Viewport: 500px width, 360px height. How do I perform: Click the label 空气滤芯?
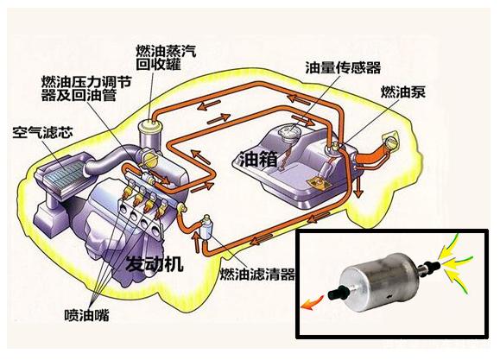point(42,132)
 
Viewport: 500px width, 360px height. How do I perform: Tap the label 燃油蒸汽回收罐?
point(166,57)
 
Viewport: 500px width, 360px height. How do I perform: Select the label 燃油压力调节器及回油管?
point(86,89)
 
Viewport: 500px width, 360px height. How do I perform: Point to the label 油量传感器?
point(343,67)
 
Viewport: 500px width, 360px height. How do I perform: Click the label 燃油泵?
point(402,92)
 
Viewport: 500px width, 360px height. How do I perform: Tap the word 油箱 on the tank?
point(258,159)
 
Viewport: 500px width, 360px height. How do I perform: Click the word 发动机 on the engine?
point(155,263)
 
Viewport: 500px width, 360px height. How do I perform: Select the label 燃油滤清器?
point(257,274)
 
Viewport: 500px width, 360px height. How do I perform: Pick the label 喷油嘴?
point(86,315)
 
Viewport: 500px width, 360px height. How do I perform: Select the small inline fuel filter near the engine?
point(205,227)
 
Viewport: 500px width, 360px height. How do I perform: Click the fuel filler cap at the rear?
point(391,141)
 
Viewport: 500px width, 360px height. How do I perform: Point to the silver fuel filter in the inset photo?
point(379,282)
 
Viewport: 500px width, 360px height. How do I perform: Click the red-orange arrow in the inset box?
point(313,302)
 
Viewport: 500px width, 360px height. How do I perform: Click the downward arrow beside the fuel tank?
point(360,186)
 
